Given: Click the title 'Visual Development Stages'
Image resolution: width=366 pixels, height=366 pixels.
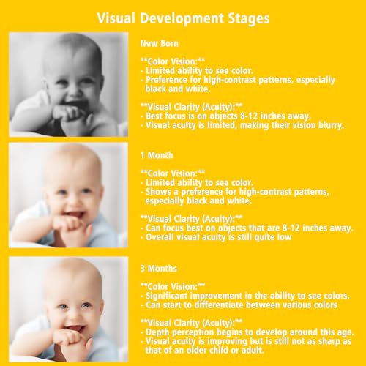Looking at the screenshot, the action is [x=183, y=18].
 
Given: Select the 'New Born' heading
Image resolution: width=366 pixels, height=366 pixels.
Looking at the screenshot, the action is [x=160, y=43].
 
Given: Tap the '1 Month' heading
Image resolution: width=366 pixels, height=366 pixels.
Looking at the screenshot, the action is [x=157, y=155].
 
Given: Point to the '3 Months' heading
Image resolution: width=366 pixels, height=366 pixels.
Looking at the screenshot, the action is [x=159, y=269].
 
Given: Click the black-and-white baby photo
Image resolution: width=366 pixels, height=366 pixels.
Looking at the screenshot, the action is [x=69, y=84].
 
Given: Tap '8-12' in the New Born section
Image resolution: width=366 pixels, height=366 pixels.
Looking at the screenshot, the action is [x=249, y=116].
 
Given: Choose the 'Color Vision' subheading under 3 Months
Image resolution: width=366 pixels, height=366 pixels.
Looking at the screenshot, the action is [x=173, y=286].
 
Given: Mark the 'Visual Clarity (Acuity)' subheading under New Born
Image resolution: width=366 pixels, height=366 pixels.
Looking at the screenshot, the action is [x=191, y=107].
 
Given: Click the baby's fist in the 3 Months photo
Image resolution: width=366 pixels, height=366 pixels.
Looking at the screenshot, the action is [x=69, y=338].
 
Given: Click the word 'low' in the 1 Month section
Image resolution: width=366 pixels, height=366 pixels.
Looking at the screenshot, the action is [x=284, y=237].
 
